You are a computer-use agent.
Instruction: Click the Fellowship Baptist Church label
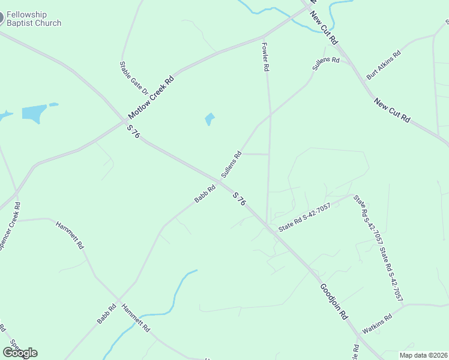[x=34, y=19]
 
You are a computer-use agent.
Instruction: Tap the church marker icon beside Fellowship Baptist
[x=1, y=17]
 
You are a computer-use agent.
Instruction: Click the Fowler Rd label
[x=265, y=56]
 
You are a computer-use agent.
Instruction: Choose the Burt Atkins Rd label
[x=384, y=65]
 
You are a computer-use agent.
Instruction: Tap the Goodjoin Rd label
[x=334, y=301]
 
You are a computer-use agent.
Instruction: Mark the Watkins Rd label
[x=376, y=323]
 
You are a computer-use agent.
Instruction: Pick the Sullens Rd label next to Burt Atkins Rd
[x=326, y=64]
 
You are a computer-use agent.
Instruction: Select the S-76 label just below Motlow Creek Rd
[x=133, y=131]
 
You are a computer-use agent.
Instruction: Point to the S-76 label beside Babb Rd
[x=239, y=199]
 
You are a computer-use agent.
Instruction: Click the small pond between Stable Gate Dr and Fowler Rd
[x=209, y=119]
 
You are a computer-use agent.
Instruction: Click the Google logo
[x=20, y=353]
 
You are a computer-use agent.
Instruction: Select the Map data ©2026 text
[x=423, y=355]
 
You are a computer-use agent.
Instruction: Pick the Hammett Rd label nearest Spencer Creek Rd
[x=70, y=236]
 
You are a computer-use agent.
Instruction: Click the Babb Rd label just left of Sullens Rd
[x=205, y=193]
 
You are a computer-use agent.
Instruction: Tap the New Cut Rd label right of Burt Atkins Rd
[x=391, y=111]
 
